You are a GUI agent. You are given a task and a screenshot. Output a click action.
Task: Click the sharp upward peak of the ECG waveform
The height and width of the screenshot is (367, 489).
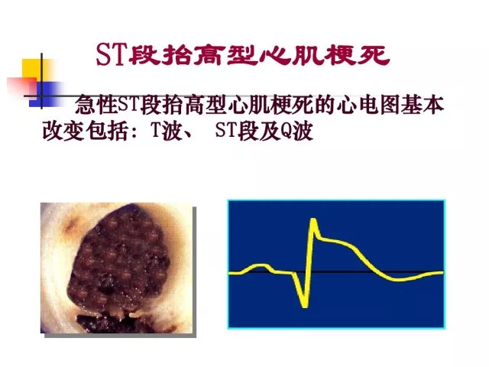(313, 220)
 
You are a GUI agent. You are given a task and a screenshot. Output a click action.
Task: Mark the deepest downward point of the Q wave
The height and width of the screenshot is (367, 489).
(304, 307)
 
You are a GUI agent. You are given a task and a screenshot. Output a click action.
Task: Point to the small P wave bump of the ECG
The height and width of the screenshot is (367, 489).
(260, 266)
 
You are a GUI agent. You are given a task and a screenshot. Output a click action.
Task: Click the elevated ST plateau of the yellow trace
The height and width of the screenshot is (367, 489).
(335, 242)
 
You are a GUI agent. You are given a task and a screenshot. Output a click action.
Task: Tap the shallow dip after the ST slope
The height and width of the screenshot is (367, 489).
(400, 279)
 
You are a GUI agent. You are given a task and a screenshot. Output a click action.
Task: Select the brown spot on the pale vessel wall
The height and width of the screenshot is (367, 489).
(73, 225)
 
